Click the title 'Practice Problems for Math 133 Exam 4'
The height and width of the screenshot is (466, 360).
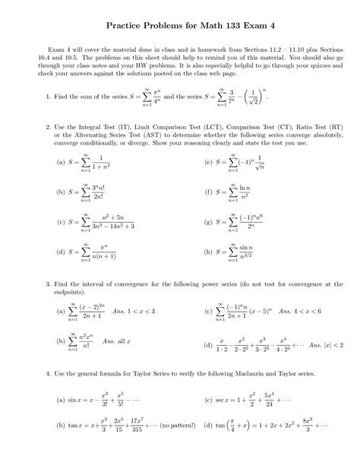click(179, 26)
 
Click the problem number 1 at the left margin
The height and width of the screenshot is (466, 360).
click(48, 97)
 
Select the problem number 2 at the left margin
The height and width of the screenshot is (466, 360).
click(48, 127)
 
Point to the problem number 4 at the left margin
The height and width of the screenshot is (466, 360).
click(48, 373)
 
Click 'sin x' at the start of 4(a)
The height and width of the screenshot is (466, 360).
click(74, 399)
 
